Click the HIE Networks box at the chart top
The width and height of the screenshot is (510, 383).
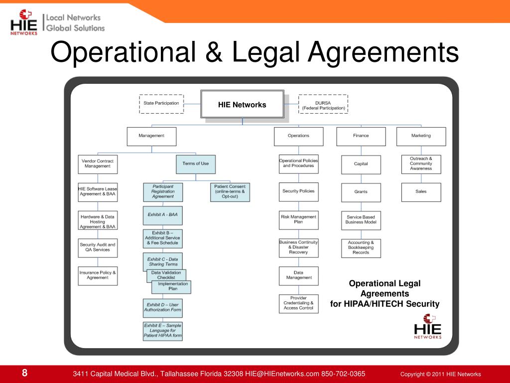pyautogui.click(x=242, y=104)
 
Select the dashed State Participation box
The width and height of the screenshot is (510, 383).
pyautogui.click(x=161, y=104)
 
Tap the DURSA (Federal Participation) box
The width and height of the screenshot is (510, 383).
pyautogui.click(x=323, y=104)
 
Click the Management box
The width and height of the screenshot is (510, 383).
pyautogui.click(x=151, y=136)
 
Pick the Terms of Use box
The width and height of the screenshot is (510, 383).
pyautogui.click(x=196, y=164)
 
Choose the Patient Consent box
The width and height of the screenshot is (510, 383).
pyautogui.click(x=230, y=192)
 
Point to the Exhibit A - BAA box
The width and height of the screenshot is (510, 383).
pyautogui.click(x=163, y=215)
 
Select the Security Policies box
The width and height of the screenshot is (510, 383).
pyautogui.click(x=298, y=191)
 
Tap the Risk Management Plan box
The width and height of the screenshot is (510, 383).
pyautogui.click(x=298, y=220)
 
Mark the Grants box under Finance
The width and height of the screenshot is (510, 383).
pyautogui.click(x=361, y=192)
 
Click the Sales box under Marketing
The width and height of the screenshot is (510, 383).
pyautogui.click(x=421, y=192)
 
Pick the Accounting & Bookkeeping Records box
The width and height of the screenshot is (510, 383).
pyautogui.click(x=361, y=248)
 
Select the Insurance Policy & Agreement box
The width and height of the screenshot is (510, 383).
pyautogui.click(x=98, y=275)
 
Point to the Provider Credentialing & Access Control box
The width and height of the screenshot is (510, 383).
pyautogui.click(x=298, y=303)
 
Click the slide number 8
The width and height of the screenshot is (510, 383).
pyautogui.click(x=24, y=374)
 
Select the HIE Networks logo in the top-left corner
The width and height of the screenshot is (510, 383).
pyautogui.click(x=24, y=22)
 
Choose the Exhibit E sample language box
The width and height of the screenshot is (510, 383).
pyautogui.click(x=163, y=331)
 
